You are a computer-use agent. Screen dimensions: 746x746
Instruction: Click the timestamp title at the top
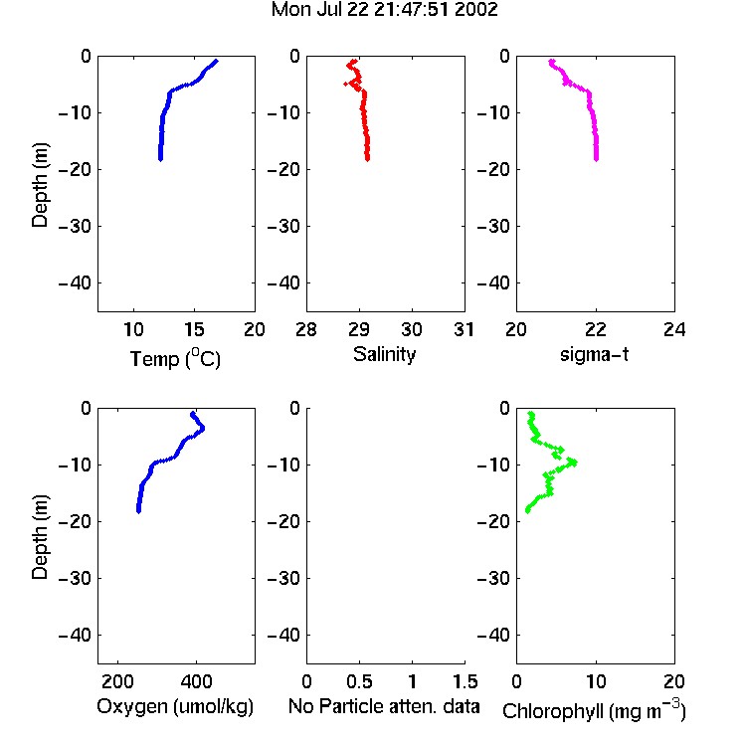tap(384, 10)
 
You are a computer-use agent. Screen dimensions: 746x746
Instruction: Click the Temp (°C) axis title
tap(175, 358)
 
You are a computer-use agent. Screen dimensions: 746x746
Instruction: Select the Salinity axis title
tap(384, 354)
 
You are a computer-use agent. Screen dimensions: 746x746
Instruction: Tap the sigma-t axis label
tap(594, 354)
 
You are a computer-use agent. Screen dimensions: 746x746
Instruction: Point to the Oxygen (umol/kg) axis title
tap(175, 706)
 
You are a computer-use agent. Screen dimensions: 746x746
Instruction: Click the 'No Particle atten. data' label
tap(384, 706)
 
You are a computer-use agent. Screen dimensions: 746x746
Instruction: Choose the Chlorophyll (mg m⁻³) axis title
tap(594, 710)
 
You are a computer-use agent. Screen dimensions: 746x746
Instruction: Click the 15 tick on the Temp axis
tap(194, 329)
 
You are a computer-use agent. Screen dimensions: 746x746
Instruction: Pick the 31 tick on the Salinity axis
tap(464, 329)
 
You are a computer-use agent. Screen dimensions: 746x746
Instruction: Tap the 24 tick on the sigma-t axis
tap(674, 329)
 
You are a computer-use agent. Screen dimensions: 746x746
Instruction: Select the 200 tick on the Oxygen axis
tap(117, 681)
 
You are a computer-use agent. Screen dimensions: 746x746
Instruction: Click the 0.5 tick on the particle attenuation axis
tap(359, 681)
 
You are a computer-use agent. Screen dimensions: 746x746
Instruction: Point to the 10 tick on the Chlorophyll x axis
tap(596, 681)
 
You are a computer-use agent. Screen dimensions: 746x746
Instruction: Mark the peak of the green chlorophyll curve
tap(574, 462)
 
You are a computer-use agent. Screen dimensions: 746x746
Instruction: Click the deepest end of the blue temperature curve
tap(161, 159)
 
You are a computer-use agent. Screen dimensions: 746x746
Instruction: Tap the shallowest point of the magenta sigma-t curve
tap(551, 62)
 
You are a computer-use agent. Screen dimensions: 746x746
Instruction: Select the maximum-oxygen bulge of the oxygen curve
tap(202, 428)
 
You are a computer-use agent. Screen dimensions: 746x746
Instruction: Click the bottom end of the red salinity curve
tap(367, 159)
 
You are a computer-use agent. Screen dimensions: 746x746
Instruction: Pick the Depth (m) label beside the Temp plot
tap(40, 185)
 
